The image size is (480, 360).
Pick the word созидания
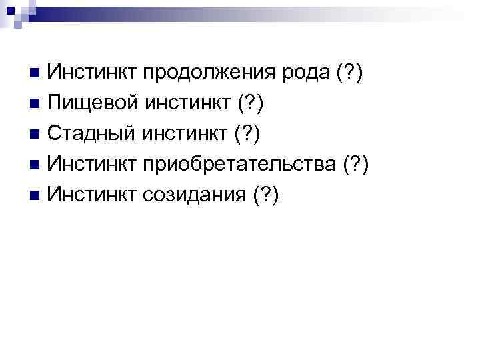(193, 195)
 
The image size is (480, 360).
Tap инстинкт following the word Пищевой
(187, 103)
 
